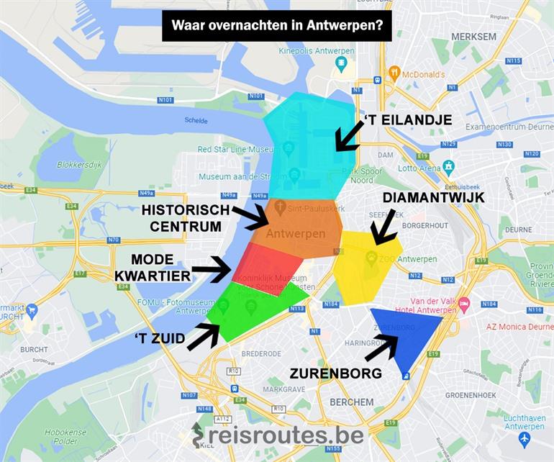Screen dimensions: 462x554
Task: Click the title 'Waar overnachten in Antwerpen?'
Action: pos(276,26)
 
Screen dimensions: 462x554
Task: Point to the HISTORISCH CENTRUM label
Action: pos(186,218)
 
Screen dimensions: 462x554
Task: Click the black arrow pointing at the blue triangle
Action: pos(381,348)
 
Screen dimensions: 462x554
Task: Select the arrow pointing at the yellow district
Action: pos(383,227)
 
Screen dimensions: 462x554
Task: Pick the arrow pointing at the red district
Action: pos(211,269)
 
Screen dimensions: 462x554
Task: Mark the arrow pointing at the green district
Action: pos(204,337)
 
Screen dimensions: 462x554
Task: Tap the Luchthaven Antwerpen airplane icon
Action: pos(524,438)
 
